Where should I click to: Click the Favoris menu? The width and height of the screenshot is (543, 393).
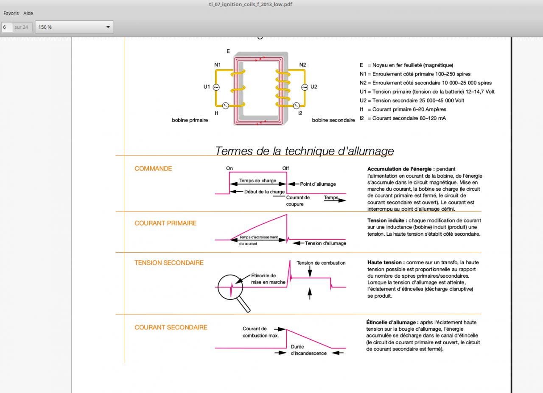point(11,13)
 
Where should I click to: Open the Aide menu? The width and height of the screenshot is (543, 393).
point(28,13)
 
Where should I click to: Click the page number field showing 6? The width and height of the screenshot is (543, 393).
point(7,27)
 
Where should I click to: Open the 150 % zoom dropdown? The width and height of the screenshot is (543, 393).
point(74,27)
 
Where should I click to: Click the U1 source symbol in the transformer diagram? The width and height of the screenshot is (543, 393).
point(216,87)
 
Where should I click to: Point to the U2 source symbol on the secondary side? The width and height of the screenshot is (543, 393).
point(305,87)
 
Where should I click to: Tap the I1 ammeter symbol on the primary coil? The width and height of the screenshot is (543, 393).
point(226,106)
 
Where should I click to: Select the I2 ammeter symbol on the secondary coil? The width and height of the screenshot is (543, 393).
point(297,106)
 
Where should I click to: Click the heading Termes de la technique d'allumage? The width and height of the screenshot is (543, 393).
point(304,151)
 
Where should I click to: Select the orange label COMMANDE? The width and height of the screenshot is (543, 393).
point(153,168)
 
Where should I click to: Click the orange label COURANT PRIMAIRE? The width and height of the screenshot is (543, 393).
point(165,223)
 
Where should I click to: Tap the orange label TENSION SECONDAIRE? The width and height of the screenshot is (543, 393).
point(169,262)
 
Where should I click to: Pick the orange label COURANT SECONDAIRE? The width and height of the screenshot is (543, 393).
point(171,327)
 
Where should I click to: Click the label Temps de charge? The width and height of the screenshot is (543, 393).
point(258,181)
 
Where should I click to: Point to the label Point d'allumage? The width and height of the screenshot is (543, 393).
point(318,184)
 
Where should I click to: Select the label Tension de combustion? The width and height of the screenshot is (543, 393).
point(321,263)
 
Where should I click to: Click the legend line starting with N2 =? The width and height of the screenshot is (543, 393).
point(425,83)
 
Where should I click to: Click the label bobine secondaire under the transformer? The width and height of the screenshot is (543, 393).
point(333,120)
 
